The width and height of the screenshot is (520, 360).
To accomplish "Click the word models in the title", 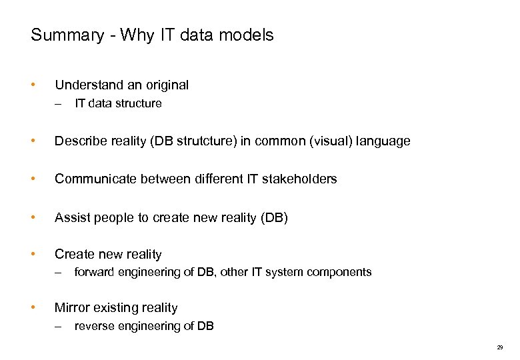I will tap(248, 35).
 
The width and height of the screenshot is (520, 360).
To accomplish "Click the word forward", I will tap(93, 272).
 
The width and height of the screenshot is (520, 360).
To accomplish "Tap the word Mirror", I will tap(71, 307).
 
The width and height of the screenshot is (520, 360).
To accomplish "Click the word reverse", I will tap(94, 326).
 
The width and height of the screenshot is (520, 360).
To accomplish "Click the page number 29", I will tap(500, 347).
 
